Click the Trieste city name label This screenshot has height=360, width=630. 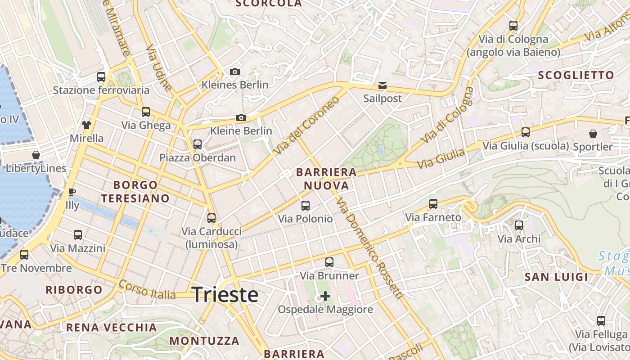point(225,295)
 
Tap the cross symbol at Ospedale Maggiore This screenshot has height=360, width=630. point(325,296)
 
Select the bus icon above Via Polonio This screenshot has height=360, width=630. point(306,206)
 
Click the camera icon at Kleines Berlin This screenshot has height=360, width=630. point(234,72)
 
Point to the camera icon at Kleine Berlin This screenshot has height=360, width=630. point(241,118)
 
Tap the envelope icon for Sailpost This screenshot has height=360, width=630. point(382,85)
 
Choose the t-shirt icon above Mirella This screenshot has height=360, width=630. point(86,125)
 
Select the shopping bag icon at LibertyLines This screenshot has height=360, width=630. point(36,155)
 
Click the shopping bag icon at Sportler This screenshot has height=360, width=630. point(593,134)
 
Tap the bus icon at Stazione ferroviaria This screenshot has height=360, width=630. point(101,77)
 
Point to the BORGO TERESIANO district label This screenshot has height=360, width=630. point(135,192)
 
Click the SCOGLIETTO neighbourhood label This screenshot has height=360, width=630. point(576,75)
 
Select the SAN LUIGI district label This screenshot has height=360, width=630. point(556,277)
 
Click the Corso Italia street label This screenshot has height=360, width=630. point(147,291)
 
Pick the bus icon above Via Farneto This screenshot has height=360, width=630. point(433,204)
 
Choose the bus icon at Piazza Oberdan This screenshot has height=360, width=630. point(198,144)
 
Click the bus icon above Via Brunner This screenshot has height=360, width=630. point(329,262)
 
